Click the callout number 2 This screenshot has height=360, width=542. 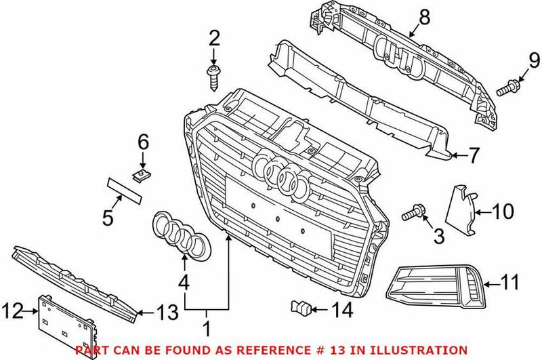point(215,39)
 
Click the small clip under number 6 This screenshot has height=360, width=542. point(141,175)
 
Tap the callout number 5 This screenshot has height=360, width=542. point(108,218)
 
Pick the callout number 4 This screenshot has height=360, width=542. point(184,280)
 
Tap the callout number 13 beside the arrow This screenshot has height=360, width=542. point(166,314)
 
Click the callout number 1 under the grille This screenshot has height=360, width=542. point(207,330)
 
